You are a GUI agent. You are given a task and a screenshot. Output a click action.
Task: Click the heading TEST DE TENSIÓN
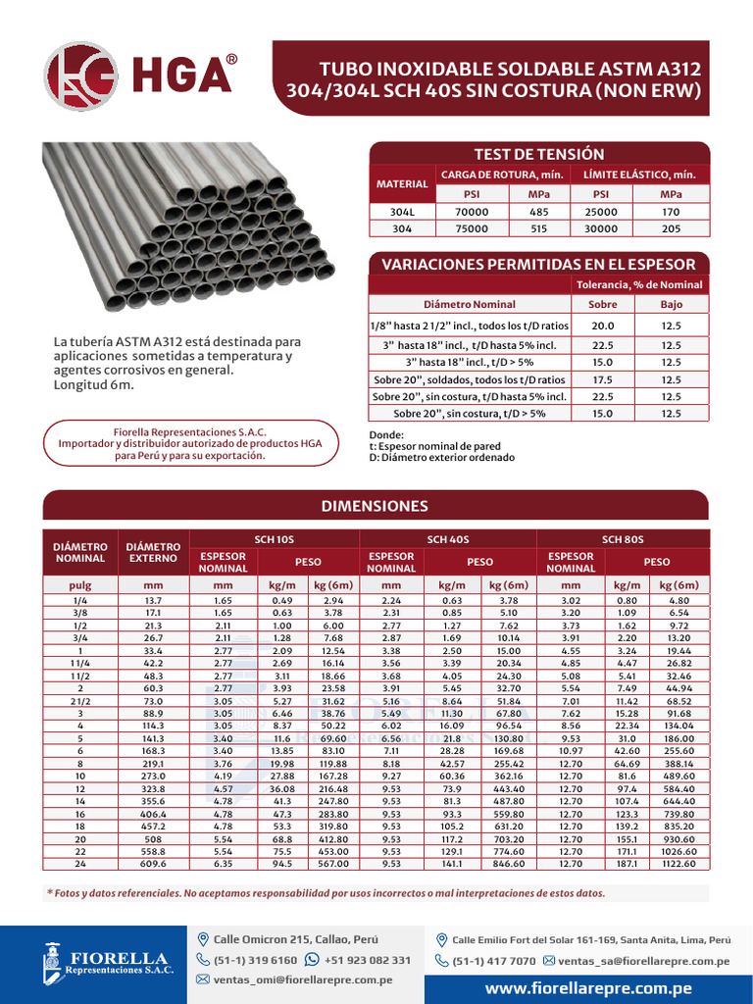tap(538, 154)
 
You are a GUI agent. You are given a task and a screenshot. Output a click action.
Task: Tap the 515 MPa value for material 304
tap(538, 228)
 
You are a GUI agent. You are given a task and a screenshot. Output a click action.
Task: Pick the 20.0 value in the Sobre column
tap(602, 326)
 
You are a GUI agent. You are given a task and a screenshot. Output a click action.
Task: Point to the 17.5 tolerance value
tap(602, 379)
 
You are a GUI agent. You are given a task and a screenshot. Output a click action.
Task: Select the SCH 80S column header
tap(622, 539)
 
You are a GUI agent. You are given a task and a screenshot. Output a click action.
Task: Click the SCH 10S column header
tap(274, 539)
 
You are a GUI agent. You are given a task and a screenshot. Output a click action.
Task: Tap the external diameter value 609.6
tap(152, 864)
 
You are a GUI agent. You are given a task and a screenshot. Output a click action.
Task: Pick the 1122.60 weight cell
tap(679, 864)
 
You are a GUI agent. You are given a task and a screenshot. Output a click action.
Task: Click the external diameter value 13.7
tap(152, 600)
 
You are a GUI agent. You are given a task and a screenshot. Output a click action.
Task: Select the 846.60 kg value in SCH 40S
tap(509, 864)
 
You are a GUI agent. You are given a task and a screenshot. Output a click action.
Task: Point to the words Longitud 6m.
tap(93, 385)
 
